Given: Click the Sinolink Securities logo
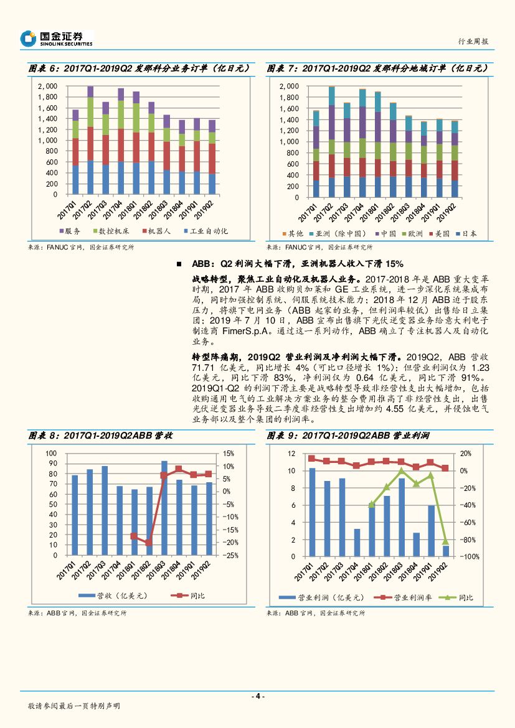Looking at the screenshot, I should (57, 39).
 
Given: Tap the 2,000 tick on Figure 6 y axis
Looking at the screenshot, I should (47, 86).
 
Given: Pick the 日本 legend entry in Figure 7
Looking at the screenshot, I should (466, 233).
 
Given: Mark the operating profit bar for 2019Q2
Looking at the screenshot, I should (446, 551).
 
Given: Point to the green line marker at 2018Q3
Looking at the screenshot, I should (402, 470).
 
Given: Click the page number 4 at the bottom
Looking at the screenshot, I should (257, 696).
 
